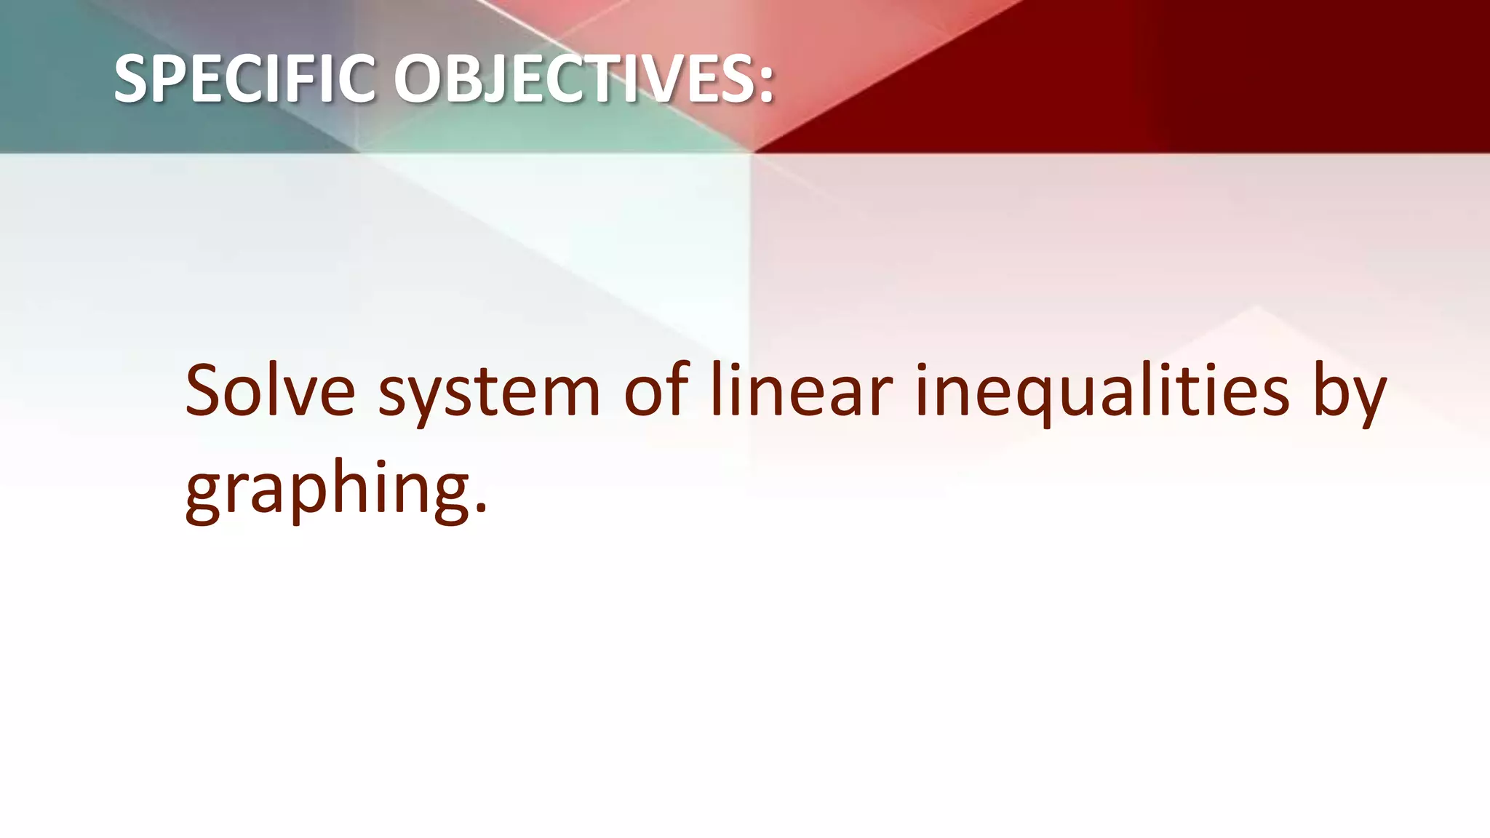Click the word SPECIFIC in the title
244,79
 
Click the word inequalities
1102,393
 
